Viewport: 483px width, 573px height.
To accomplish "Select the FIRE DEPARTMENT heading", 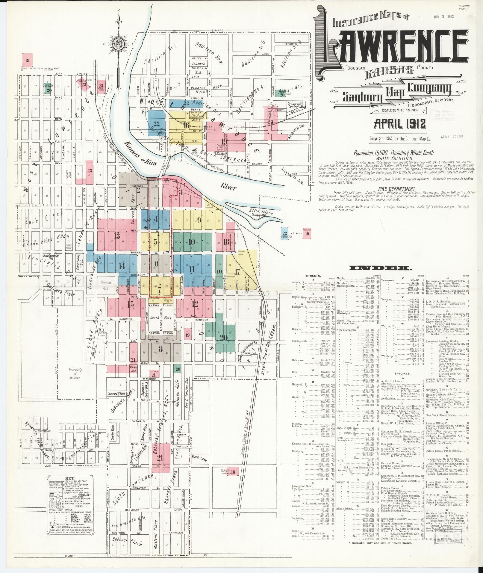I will pos(397,189).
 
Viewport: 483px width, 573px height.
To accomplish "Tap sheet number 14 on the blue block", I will pos(122,266).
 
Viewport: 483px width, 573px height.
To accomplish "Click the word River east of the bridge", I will pos(228,188).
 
